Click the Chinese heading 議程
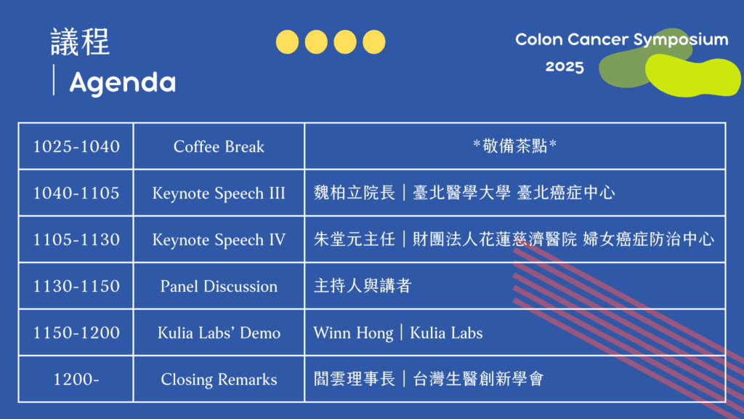pos(80,41)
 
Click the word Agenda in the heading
pos(122,83)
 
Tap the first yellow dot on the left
pos(287,41)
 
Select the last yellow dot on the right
pos(374,41)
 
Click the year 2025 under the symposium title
pos(565,66)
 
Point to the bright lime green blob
pos(692,75)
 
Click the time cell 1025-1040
pos(76,146)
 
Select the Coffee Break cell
pos(219,146)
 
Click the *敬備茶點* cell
pos(515,145)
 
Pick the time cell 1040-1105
pos(76,193)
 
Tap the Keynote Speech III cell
pos(219,193)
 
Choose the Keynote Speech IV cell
pos(219,239)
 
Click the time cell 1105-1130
pos(76,239)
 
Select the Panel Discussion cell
pos(219,286)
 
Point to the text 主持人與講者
pos(363,286)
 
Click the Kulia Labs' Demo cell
pos(219,332)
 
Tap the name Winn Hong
pos(354,333)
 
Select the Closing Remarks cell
pos(219,379)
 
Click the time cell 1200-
pos(76,379)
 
